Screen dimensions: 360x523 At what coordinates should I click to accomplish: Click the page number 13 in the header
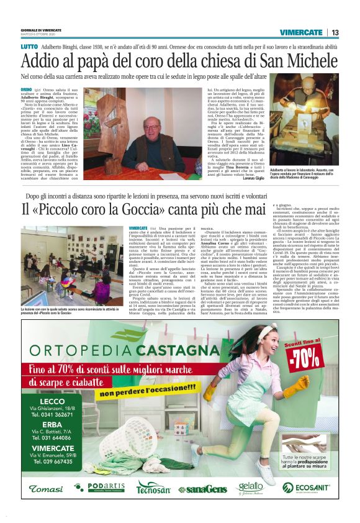[x=335, y=32]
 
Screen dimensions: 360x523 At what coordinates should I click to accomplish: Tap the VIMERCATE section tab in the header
[x=301, y=32]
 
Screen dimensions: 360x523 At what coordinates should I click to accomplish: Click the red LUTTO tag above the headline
[x=29, y=47]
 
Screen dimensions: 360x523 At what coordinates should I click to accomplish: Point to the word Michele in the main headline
[x=307, y=62]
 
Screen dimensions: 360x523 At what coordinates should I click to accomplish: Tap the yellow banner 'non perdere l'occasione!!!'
[x=147, y=393]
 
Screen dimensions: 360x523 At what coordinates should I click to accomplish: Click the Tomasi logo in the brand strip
[x=46, y=489]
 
